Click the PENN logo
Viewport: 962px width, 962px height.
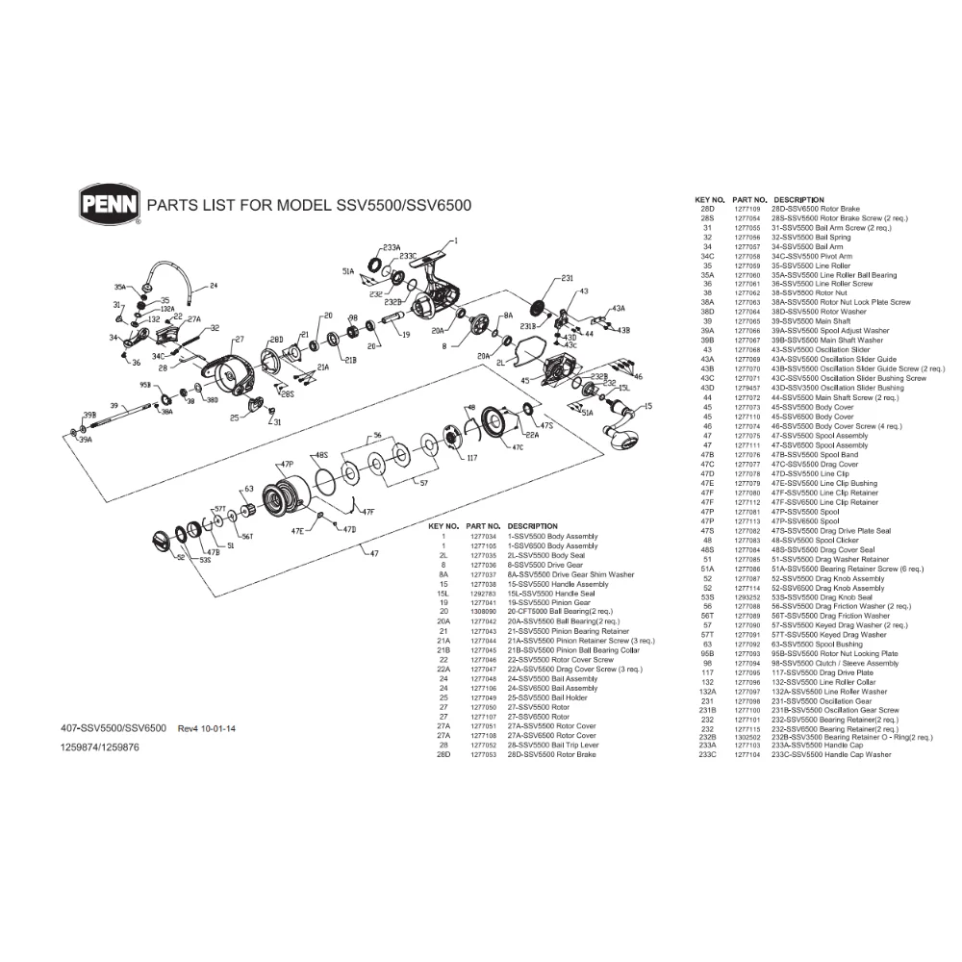click(x=109, y=203)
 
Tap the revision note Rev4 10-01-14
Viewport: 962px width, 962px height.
click(x=207, y=728)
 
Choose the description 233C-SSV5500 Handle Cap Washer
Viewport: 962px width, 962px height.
click(x=831, y=755)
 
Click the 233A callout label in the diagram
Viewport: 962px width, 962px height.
click(x=391, y=247)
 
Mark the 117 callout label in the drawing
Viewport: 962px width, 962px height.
click(x=471, y=457)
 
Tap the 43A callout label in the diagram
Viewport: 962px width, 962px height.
click(x=617, y=308)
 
